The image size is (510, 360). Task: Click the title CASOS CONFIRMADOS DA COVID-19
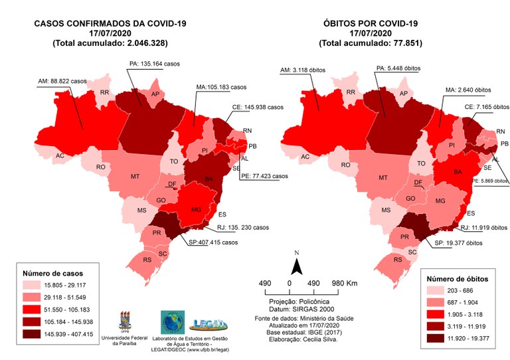[x=110, y=24]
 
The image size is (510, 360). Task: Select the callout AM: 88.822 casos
[x=64, y=80]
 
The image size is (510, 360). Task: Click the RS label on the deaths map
[x=398, y=260]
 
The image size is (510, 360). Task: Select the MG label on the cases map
[x=196, y=209]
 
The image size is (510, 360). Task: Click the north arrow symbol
[x=298, y=265]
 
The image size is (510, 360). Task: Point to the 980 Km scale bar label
[x=344, y=284]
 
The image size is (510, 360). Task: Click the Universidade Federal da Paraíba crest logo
[x=126, y=321]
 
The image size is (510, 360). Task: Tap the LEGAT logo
[x=210, y=324]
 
